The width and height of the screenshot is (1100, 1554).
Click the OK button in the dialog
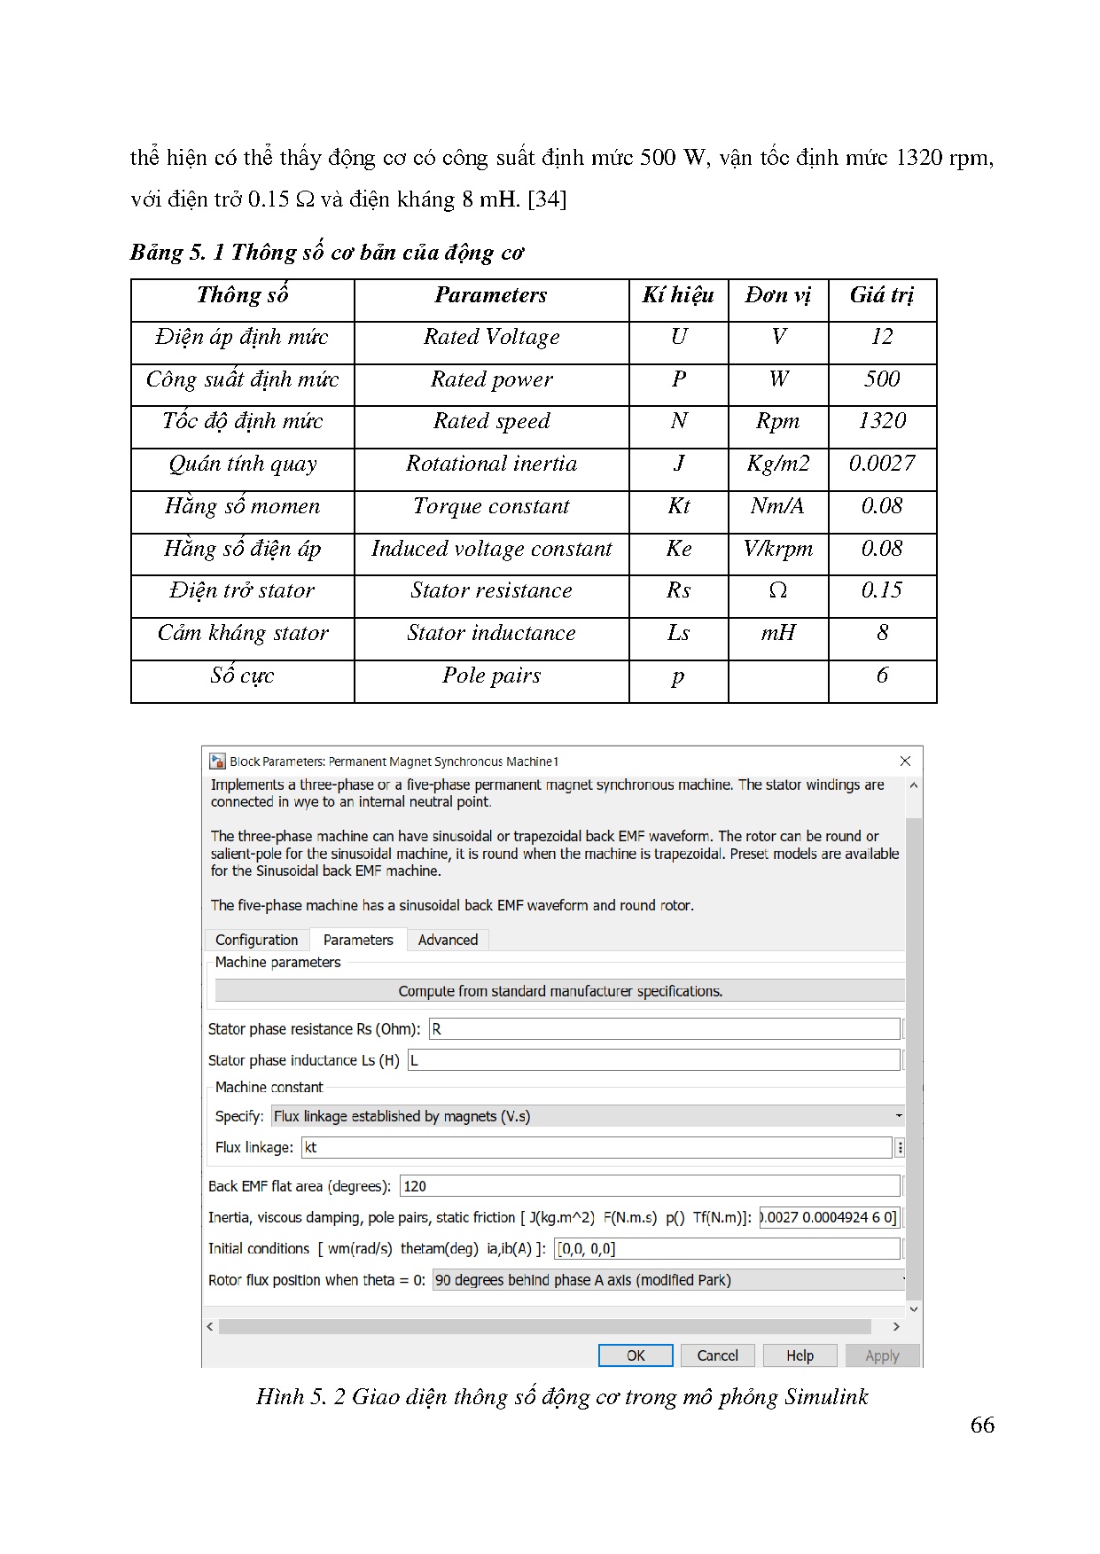click(636, 1355)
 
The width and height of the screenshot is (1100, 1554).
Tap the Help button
click(799, 1355)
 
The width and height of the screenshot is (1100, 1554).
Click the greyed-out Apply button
click(881, 1355)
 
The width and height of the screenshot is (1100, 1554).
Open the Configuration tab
click(256, 940)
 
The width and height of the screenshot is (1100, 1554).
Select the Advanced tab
click(448, 940)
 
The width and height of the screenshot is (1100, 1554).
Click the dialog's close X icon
click(905, 761)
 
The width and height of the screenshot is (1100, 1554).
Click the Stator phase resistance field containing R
click(664, 1029)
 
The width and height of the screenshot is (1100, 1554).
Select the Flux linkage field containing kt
click(597, 1147)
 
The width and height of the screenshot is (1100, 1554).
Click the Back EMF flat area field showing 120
click(650, 1186)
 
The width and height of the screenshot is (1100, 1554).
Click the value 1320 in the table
click(882, 421)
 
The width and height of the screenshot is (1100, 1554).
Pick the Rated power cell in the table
click(491, 379)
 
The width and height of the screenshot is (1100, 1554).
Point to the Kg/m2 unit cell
click(777, 464)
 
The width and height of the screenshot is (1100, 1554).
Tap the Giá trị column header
click(882, 295)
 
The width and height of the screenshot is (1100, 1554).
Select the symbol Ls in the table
click(678, 633)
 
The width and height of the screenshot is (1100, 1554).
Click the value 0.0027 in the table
click(882, 464)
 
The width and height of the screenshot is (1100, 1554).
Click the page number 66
click(982, 1425)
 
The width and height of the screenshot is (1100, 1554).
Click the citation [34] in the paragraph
click(547, 199)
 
